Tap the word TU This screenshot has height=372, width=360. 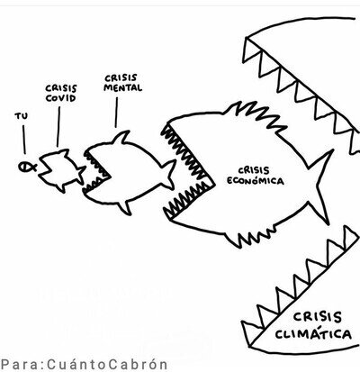point(21,116)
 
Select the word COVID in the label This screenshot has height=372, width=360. point(60,98)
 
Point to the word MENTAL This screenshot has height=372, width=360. point(122,87)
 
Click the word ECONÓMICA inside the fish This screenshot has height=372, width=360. point(255,181)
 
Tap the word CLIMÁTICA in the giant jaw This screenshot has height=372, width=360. point(313,334)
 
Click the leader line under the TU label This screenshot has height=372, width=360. point(24,140)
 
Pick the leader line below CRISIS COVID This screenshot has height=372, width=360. point(58,127)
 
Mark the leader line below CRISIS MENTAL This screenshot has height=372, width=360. point(116,113)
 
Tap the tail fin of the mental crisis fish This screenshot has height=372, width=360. point(169,175)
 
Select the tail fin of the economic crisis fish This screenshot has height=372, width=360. point(319,186)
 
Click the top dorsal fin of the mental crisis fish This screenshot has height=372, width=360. point(122,138)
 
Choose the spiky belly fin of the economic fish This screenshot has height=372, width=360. point(251,237)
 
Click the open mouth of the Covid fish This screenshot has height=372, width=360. point(46,168)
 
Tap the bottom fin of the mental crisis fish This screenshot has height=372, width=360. point(125,207)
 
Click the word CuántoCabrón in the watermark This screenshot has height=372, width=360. point(107,365)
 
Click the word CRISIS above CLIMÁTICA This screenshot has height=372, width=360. point(318,317)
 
